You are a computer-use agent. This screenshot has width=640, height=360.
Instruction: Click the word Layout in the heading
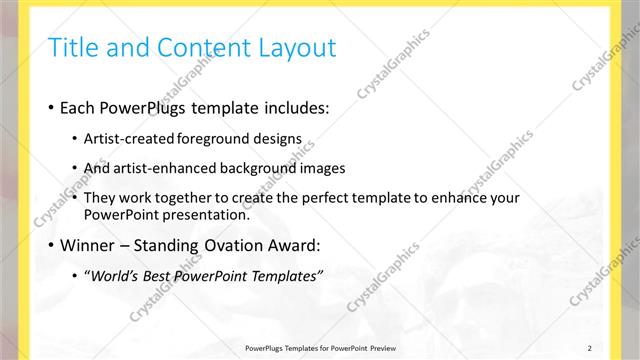click(x=297, y=47)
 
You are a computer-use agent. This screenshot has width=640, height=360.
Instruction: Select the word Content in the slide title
click(x=195, y=47)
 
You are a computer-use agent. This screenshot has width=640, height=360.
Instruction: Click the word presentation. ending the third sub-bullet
click(x=209, y=215)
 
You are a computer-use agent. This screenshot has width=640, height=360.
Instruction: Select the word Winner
click(x=90, y=244)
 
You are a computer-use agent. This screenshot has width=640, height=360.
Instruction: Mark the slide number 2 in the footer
click(x=590, y=347)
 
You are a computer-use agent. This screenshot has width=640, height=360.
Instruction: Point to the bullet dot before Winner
click(x=51, y=245)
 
